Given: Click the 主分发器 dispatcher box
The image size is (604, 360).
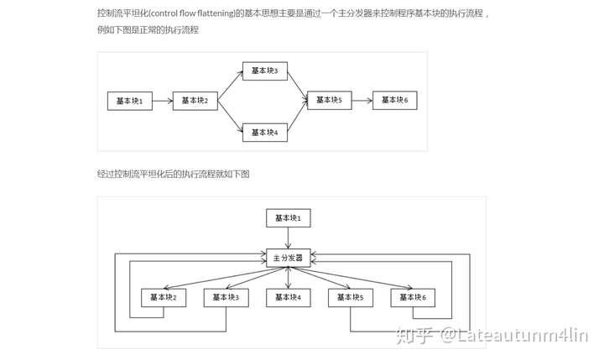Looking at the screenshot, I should point(288,257).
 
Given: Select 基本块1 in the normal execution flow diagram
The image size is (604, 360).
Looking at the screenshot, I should point(130,101).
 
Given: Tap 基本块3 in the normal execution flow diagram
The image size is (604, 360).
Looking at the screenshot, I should point(264,70).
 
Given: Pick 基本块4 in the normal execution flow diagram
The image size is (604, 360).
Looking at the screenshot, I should point(264,131).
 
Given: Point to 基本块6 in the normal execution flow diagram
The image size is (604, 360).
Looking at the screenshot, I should point(394,100).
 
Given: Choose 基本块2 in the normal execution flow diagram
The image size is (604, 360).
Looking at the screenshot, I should point(195,101).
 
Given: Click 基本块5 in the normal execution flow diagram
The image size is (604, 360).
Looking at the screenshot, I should point(329,100).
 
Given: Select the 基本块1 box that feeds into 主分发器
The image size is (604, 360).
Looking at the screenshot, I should point(288,218).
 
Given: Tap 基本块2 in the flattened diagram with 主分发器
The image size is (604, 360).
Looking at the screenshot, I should point(163,297).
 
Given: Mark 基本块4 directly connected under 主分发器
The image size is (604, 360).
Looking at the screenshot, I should point(288,297).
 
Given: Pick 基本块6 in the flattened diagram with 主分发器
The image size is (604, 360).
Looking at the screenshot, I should point(412,297).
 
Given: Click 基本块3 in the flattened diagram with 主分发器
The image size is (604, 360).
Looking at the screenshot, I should point(226,297).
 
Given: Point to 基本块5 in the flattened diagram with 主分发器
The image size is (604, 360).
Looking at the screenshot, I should point(350,297).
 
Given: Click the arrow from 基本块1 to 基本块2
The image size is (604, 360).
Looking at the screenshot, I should point(163,101).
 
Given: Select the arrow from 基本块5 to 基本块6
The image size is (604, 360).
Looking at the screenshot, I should point(362,100).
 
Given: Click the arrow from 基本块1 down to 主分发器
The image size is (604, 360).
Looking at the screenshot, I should point(288,237).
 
